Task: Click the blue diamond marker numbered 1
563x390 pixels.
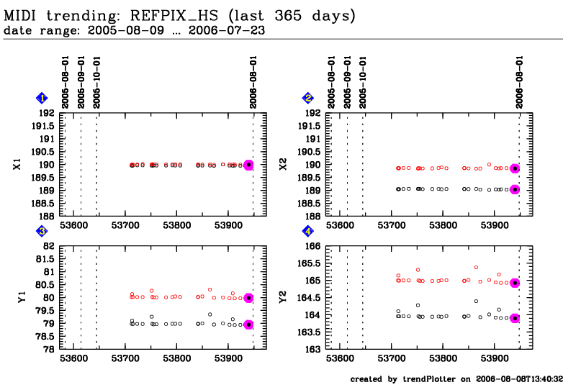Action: (42, 99)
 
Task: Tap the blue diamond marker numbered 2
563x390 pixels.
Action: (308, 99)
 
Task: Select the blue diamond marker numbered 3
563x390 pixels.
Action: (42, 232)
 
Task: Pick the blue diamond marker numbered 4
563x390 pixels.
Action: (308, 232)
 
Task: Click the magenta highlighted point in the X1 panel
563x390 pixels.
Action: (248, 165)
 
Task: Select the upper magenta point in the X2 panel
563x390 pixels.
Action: (515, 168)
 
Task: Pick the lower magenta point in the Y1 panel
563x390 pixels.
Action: (248, 325)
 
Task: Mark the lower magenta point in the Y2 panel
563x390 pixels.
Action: (515, 318)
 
